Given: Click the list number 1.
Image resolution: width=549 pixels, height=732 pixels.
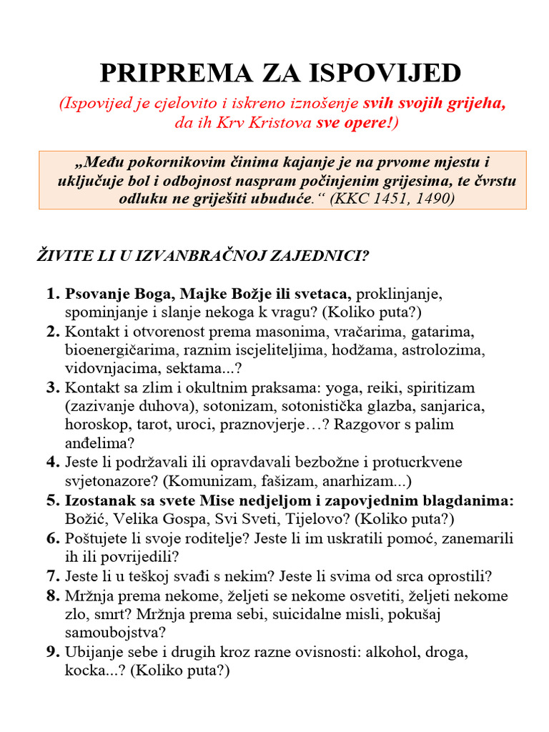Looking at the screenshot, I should (x=53, y=293).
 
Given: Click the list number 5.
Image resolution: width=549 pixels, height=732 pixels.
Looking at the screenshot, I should (x=53, y=500).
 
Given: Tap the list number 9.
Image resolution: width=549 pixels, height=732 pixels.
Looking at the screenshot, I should (x=53, y=652).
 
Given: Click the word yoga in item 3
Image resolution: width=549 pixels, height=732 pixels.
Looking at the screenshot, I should (x=344, y=387).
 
